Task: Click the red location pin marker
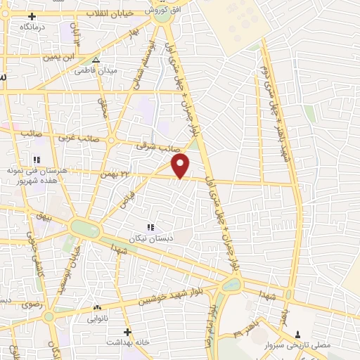coord(181,166)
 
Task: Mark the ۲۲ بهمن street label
coord(115,174)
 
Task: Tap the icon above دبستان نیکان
coord(149,227)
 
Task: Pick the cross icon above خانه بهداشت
coord(127,331)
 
